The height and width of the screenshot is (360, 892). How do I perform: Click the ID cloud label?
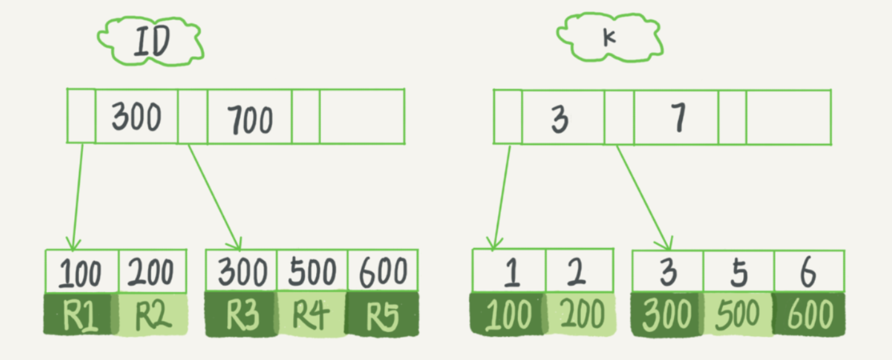pos(151,41)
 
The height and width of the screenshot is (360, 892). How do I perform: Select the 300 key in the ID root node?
pos(136,116)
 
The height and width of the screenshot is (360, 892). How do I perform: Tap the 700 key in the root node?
pos(250,119)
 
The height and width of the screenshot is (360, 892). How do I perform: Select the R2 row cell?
pos(152,314)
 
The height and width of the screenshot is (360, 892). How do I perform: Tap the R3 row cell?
pos(242,314)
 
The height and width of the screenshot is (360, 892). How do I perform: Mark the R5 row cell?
pos(382,314)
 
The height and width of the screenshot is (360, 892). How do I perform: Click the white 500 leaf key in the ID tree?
pos(312,271)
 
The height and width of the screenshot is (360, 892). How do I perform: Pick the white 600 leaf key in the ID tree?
pos(383,271)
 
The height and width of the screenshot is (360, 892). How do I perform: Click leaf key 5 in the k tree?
pos(739,272)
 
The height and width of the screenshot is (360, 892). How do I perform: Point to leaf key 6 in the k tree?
pos(809,272)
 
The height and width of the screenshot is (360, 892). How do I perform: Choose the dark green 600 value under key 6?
pos(809,314)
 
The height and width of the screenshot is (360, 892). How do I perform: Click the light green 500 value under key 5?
pos(738,314)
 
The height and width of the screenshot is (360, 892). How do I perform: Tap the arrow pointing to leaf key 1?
pos(502,198)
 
